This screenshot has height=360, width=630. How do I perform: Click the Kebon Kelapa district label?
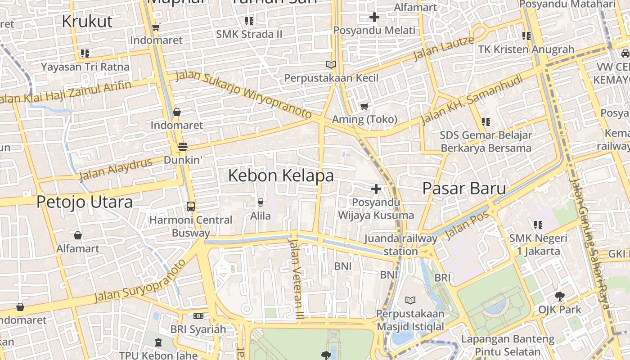(281, 175)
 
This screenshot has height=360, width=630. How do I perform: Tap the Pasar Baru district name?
(464, 189)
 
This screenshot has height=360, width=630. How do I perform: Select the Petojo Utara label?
(85, 202)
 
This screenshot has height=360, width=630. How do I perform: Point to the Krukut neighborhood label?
(87, 21)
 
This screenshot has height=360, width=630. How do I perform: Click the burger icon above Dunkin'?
(182, 147)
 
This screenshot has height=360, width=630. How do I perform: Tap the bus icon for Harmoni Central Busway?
(191, 207)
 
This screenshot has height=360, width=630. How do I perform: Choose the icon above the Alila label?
(261, 202)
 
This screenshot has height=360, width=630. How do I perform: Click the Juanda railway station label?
(400, 245)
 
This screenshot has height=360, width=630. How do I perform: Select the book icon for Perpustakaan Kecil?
(331, 65)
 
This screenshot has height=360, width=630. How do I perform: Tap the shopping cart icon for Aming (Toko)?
(364, 107)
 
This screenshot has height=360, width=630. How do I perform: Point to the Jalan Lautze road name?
(443, 48)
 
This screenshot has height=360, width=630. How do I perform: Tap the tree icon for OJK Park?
(560, 297)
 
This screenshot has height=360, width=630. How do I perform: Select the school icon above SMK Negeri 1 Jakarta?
(538, 225)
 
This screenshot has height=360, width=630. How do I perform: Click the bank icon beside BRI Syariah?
(198, 316)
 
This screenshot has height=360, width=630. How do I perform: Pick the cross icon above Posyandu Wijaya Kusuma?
(376, 189)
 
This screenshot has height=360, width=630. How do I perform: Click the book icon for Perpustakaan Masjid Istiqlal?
(410, 300)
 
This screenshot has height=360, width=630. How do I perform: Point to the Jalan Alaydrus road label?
(116, 169)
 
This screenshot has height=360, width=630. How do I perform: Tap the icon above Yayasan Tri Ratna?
(85, 54)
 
